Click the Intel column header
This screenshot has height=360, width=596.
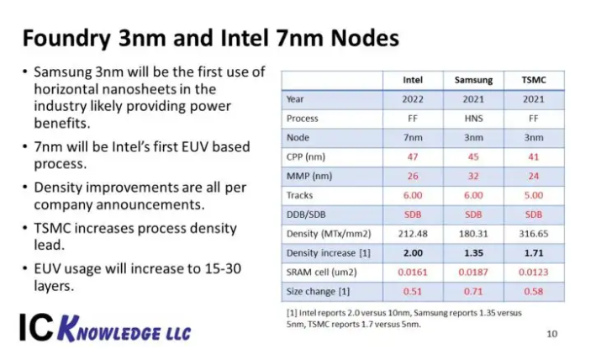pos(413,80)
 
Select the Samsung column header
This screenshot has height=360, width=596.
pos(473,80)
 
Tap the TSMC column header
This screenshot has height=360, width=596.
pos(534,80)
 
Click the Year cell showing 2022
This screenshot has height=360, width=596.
pos(413,99)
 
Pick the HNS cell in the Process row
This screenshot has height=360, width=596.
pos(473,119)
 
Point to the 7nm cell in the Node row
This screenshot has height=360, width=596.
pos(413,138)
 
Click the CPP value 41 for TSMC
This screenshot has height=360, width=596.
pos(534,157)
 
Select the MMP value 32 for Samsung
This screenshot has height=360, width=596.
pos(473,176)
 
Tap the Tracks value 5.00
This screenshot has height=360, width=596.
pos(534,195)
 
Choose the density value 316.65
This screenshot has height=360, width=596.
pos(534,234)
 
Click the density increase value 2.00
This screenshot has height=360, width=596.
pos(413,253)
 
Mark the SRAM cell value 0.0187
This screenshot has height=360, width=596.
pos(473,273)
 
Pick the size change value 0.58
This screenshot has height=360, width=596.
pos(534,292)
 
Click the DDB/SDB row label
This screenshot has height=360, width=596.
pos(306,214)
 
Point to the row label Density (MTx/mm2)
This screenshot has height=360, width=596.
pos(329,234)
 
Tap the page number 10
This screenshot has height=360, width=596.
pos(552,334)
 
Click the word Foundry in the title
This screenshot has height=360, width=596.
pos(66,39)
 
